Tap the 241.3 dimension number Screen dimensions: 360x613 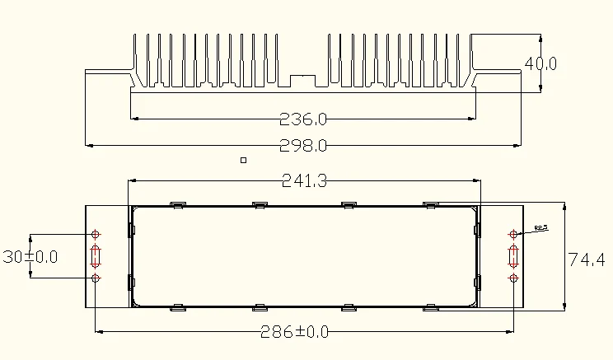(305, 181)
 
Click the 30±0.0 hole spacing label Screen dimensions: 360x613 (30, 257)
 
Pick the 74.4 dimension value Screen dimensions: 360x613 (587, 259)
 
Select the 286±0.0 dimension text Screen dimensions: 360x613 (294, 332)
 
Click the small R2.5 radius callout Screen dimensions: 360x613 (541, 227)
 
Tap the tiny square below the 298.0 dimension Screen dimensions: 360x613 (242, 161)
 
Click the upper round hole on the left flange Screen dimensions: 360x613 (96, 235)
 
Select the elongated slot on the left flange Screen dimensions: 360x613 (96, 256)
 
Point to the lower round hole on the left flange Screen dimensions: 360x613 (96, 278)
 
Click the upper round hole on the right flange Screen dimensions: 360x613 (514, 235)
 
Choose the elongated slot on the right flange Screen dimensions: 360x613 (514, 256)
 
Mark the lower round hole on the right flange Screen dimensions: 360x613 (514, 278)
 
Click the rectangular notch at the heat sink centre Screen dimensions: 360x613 (305, 80)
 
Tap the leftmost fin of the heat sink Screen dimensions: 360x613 (137, 58)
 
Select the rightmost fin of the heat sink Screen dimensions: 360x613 (471, 58)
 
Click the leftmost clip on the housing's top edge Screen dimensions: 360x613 (176, 203)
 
